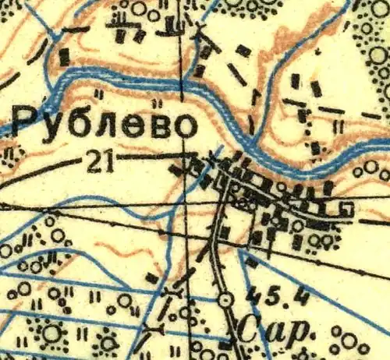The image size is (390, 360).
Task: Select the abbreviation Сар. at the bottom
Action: pyautogui.click(x=272, y=332)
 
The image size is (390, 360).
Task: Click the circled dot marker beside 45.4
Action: pyautogui.click(x=226, y=299)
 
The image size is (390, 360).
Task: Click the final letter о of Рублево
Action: pyautogui.click(x=181, y=126)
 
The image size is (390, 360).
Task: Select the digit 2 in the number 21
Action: pyautogui.click(x=94, y=161)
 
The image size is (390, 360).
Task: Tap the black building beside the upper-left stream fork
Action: pyautogui.click(x=64, y=56)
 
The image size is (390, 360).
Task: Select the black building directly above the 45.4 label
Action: pyautogui.click(x=252, y=263)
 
